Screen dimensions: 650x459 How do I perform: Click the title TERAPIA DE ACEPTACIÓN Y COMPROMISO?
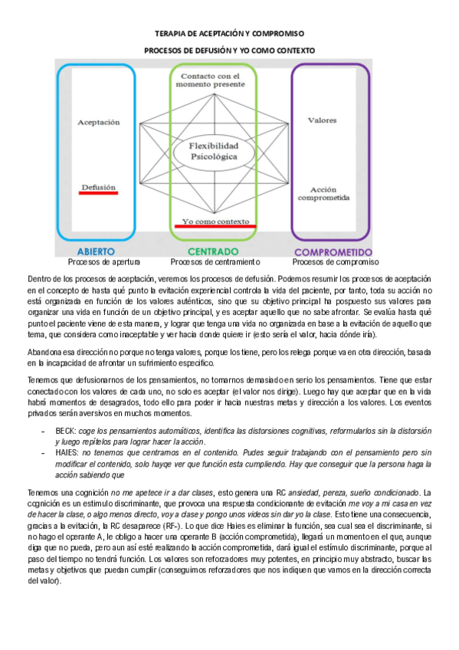point(230,34)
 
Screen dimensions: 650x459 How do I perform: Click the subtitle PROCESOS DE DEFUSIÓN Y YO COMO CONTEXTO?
point(230,50)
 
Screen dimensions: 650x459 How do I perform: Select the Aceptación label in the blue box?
point(100,121)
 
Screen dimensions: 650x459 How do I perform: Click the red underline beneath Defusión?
point(99,192)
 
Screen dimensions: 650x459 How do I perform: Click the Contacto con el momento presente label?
point(209,80)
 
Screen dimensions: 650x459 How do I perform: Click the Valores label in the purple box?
point(321,120)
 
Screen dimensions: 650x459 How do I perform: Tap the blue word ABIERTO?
point(96,251)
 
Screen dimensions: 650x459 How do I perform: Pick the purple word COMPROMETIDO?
point(333,251)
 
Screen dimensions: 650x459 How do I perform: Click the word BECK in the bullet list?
point(67,432)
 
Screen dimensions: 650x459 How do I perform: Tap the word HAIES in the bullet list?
point(68,453)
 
